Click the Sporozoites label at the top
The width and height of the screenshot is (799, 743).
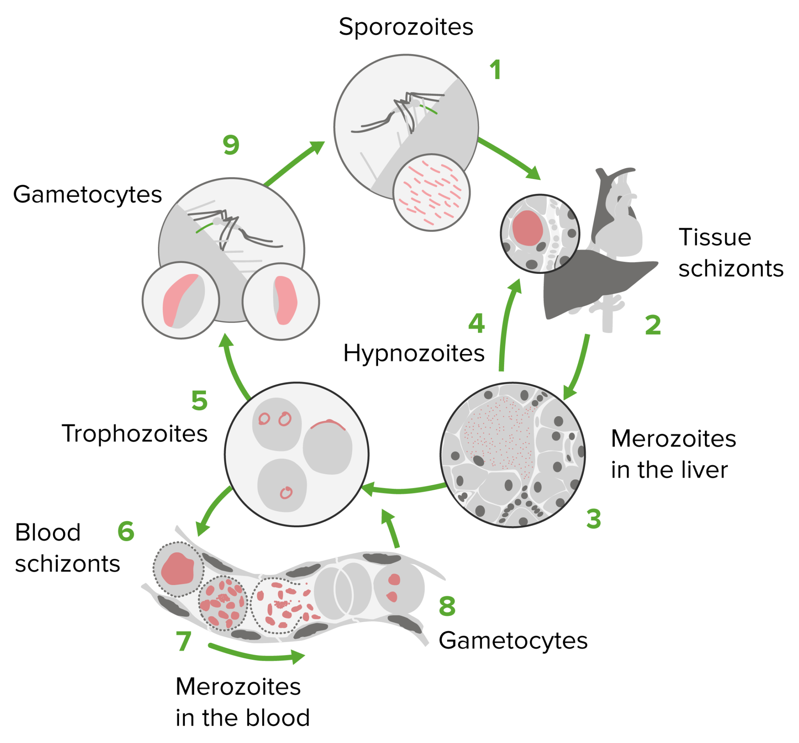tap(405, 27)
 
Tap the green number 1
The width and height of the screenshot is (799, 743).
tap(495, 70)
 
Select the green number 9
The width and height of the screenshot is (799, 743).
tap(231, 145)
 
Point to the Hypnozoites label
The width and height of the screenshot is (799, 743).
tap(414, 354)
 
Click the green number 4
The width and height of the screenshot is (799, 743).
tap(476, 323)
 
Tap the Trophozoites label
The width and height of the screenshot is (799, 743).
tap(135, 434)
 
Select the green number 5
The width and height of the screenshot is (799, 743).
tap(199, 401)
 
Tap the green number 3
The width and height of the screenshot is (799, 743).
tap(593, 519)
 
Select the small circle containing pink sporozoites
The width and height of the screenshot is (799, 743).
tap(431, 193)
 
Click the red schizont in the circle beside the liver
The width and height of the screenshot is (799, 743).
tap(527, 228)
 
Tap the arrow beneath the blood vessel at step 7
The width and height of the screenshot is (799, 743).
tap(257, 656)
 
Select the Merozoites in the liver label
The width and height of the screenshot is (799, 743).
tap(673, 454)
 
